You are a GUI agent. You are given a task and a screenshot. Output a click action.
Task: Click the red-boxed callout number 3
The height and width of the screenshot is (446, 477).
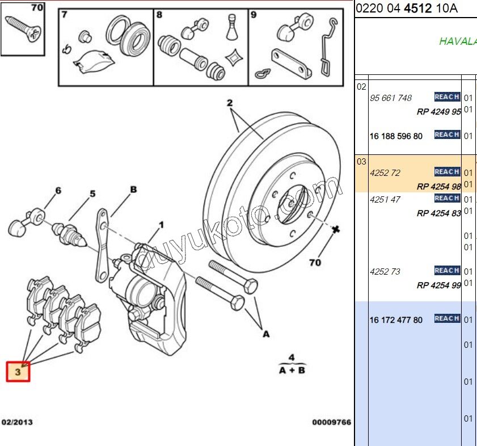[18, 372]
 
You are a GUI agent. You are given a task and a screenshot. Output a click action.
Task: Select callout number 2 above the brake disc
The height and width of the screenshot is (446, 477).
[230, 103]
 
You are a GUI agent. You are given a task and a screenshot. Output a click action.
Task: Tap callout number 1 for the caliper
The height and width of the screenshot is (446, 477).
[161, 225]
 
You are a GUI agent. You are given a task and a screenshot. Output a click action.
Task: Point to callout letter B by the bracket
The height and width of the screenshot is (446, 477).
[133, 190]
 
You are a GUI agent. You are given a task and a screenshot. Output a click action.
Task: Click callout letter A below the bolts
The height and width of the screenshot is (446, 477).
[265, 335]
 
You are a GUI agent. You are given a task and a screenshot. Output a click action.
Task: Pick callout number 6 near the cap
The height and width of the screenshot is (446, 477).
[57, 191]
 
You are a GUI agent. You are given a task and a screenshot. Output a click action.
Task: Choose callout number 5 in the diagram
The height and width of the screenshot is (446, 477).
[92, 194]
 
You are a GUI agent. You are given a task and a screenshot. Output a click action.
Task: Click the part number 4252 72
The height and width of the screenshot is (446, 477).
[385, 172]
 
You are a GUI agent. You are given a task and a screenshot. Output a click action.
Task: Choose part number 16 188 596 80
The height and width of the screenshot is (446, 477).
[396, 136]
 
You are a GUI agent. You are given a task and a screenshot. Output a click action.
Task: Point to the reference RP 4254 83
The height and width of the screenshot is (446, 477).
[438, 213]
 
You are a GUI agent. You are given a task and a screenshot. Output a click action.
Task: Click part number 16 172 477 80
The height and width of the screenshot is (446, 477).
[396, 320]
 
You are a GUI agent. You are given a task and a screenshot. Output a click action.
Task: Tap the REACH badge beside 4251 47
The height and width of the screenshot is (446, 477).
[447, 198]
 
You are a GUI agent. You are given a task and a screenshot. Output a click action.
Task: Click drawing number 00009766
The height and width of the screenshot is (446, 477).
[332, 422]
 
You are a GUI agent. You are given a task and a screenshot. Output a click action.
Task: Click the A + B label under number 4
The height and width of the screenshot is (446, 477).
[292, 371]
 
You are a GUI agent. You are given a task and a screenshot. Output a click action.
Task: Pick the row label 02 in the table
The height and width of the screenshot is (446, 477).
[361, 87]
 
